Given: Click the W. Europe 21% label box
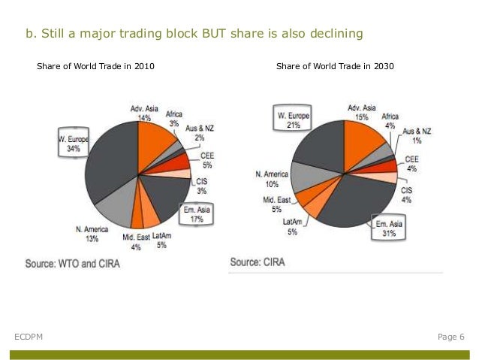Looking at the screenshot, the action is [292, 118].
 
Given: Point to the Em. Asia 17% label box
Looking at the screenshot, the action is [196, 215].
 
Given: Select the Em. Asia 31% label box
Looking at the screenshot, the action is [389, 227].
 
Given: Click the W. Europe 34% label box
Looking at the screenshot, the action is [74, 142].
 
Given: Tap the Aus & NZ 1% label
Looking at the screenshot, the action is [417, 136].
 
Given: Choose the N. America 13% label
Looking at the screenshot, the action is [92, 234].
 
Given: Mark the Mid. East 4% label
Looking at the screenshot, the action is [136, 242].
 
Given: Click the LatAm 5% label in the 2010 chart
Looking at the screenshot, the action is [161, 241].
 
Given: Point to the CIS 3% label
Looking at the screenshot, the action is [202, 186].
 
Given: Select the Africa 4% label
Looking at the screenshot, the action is [390, 121].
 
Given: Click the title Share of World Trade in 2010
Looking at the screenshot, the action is [95, 66].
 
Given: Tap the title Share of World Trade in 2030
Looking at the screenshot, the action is [335, 66].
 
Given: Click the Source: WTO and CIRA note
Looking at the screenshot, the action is [72, 264].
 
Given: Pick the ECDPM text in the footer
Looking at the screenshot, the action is [29, 337].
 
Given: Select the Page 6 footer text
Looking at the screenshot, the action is [451, 337].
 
